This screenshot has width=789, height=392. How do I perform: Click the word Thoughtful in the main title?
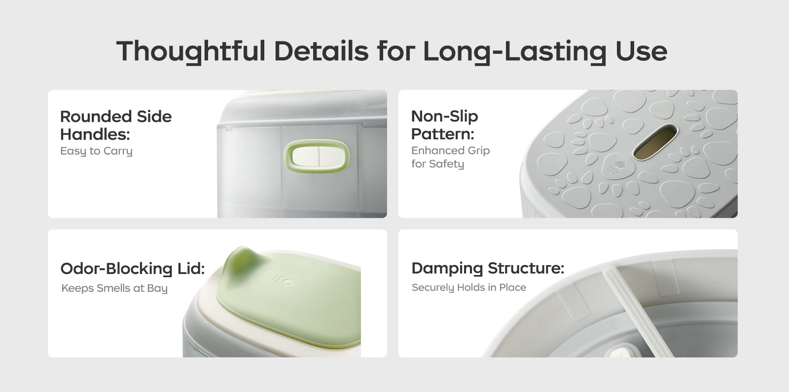[190, 51]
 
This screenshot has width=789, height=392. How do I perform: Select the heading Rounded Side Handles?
[116, 125]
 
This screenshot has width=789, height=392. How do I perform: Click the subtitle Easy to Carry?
[96, 151]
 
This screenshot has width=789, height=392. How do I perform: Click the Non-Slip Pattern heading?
[444, 125]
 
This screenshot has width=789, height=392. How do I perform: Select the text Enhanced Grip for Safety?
[451, 157]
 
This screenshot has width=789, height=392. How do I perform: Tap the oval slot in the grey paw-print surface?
[655, 142]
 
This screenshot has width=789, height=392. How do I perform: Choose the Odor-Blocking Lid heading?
[133, 269]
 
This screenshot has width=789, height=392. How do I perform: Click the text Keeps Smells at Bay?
[114, 288]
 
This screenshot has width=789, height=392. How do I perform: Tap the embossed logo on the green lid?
[284, 280]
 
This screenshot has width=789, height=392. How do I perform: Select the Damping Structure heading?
[488, 268]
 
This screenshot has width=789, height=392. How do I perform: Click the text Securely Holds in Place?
[469, 288]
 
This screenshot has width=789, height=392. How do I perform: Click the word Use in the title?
[642, 51]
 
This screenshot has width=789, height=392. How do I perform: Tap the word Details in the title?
[321, 51]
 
